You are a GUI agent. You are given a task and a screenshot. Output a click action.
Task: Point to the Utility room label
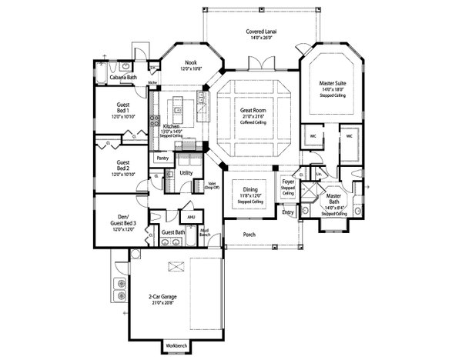pos(186,174)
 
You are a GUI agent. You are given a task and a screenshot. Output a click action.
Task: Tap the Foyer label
pos(286,183)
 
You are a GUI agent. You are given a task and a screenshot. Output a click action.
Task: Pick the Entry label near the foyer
pos(287,212)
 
